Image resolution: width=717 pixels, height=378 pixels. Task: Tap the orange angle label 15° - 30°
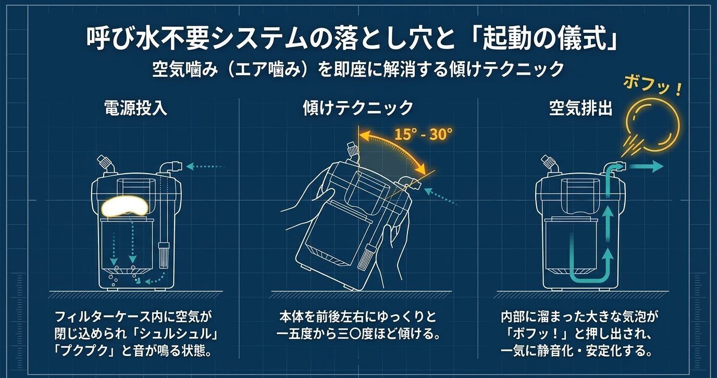point(423,135)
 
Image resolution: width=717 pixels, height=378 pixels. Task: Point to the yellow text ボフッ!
point(652,86)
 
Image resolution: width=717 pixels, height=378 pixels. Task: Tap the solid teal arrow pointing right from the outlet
point(646,167)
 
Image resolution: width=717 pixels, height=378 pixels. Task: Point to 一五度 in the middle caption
point(298,333)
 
